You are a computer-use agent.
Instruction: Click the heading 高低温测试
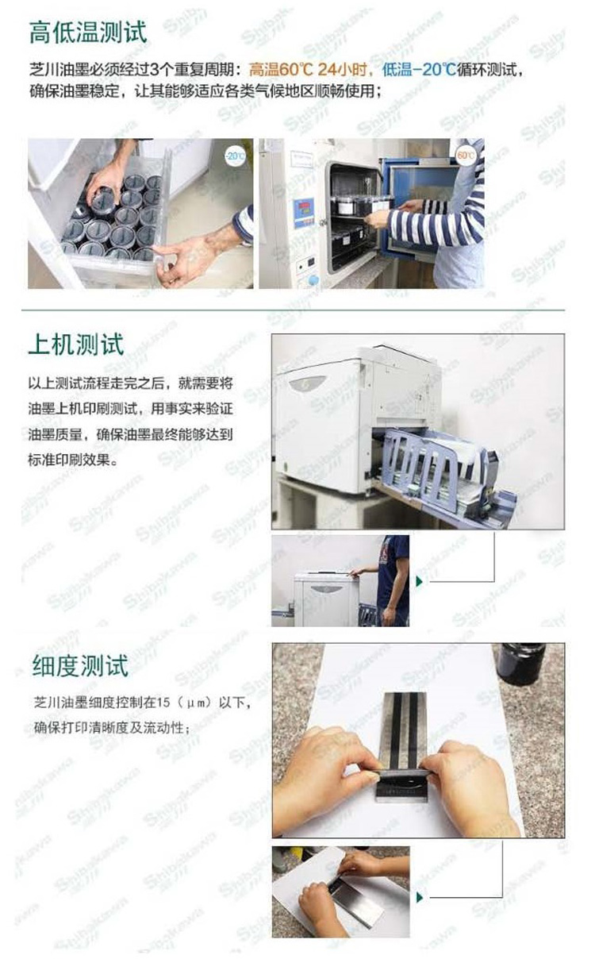(x=88, y=32)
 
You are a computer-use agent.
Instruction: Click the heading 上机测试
(x=76, y=345)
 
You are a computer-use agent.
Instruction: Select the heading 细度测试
(x=79, y=665)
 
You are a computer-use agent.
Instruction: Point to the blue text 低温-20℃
(x=419, y=69)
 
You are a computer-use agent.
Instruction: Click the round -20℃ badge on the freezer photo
(x=235, y=156)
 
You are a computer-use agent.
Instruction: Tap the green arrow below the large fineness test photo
(x=419, y=895)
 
